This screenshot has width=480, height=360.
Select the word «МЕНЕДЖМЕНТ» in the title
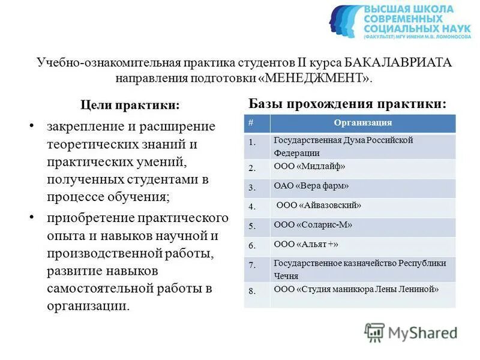click(x=323, y=78)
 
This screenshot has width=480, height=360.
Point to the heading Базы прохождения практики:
click(x=347, y=103)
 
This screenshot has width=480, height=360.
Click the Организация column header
click(x=362, y=123)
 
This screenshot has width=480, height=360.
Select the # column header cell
click(x=250, y=123)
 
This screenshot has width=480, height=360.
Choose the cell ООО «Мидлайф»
click(x=310, y=167)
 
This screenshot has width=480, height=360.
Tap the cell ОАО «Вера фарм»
click(x=311, y=186)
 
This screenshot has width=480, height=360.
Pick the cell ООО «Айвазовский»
click(x=319, y=206)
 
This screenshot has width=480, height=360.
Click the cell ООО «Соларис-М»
click(x=313, y=225)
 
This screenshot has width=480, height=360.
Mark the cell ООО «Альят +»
click(x=306, y=245)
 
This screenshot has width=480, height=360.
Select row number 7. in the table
click(x=252, y=265)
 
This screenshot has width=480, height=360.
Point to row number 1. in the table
click(x=252, y=143)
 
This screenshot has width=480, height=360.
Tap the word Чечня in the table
click(x=286, y=277)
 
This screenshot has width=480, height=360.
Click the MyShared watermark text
click(x=422, y=332)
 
